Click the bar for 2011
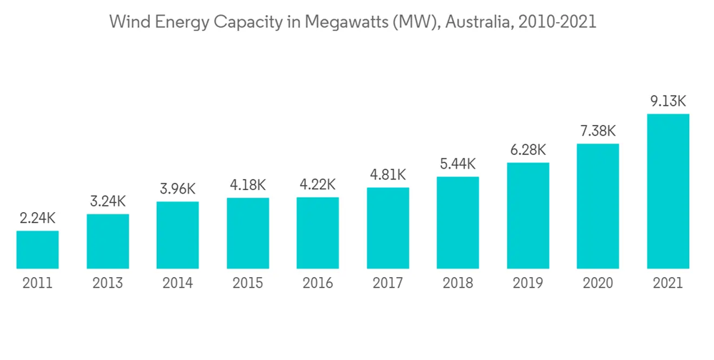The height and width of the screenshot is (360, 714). [37, 249]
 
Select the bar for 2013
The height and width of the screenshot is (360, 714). [108, 241]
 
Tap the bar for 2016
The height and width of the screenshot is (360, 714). [318, 233]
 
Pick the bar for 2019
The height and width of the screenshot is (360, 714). [528, 216]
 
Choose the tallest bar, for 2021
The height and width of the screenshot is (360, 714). [668, 191]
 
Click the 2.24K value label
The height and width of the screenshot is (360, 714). [37, 219]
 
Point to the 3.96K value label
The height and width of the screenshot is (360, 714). [177, 189]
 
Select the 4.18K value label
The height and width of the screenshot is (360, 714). [248, 185]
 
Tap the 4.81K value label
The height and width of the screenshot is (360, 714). [388, 175]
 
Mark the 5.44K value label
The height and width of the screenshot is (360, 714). [458, 164]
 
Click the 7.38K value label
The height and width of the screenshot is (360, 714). [598, 131]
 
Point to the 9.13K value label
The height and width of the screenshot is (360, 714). [668, 101]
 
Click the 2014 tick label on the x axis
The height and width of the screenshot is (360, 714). [177, 284]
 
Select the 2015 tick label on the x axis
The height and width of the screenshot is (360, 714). [248, 284]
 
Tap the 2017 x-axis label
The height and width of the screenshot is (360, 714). [388, 284]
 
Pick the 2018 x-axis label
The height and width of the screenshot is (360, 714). [458, 284]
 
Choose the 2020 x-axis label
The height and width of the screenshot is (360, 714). [598, 284]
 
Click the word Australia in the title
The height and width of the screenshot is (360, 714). [480, 22]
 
